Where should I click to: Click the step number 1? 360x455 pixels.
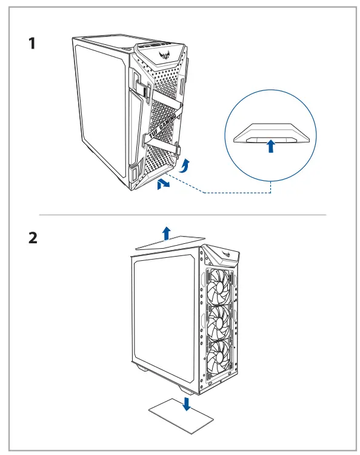32,44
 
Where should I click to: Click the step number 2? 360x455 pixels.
33,238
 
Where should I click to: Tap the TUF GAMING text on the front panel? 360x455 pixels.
162,126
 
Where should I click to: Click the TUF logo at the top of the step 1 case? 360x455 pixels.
165,55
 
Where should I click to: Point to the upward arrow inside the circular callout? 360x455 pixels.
271,146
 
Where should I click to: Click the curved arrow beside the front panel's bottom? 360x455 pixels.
185,166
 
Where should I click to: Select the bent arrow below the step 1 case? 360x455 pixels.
163,184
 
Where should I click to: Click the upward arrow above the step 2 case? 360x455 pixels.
166,233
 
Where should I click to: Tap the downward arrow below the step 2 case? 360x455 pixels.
187,404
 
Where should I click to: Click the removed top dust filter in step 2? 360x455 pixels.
171,242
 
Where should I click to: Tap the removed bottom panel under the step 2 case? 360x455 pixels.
181,416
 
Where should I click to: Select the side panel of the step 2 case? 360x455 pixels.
165,319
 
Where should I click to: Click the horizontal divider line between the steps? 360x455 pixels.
182,215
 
